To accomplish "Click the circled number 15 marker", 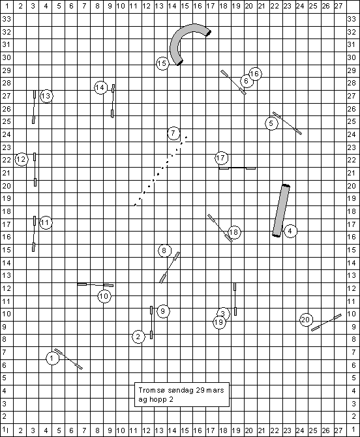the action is point(162,63).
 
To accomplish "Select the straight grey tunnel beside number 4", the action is point(281,211).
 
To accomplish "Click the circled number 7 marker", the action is point(173,133).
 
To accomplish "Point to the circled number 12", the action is point(21,160).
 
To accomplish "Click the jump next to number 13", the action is point(34,107).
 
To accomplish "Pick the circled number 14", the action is point(100,87).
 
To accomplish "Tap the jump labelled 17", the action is point(237,168).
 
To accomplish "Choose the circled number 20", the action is point(306,320).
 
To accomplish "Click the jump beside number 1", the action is point(68,359).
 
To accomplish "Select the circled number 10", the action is point(104,296).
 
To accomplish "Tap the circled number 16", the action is point(255,74).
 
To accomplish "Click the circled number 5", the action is point(271,123).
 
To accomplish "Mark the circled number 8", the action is point(164,250).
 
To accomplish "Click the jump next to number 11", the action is point(34,234).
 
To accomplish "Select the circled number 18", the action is point(234,232).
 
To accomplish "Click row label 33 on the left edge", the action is point(7,19).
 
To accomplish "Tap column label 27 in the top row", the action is point(338,6).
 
